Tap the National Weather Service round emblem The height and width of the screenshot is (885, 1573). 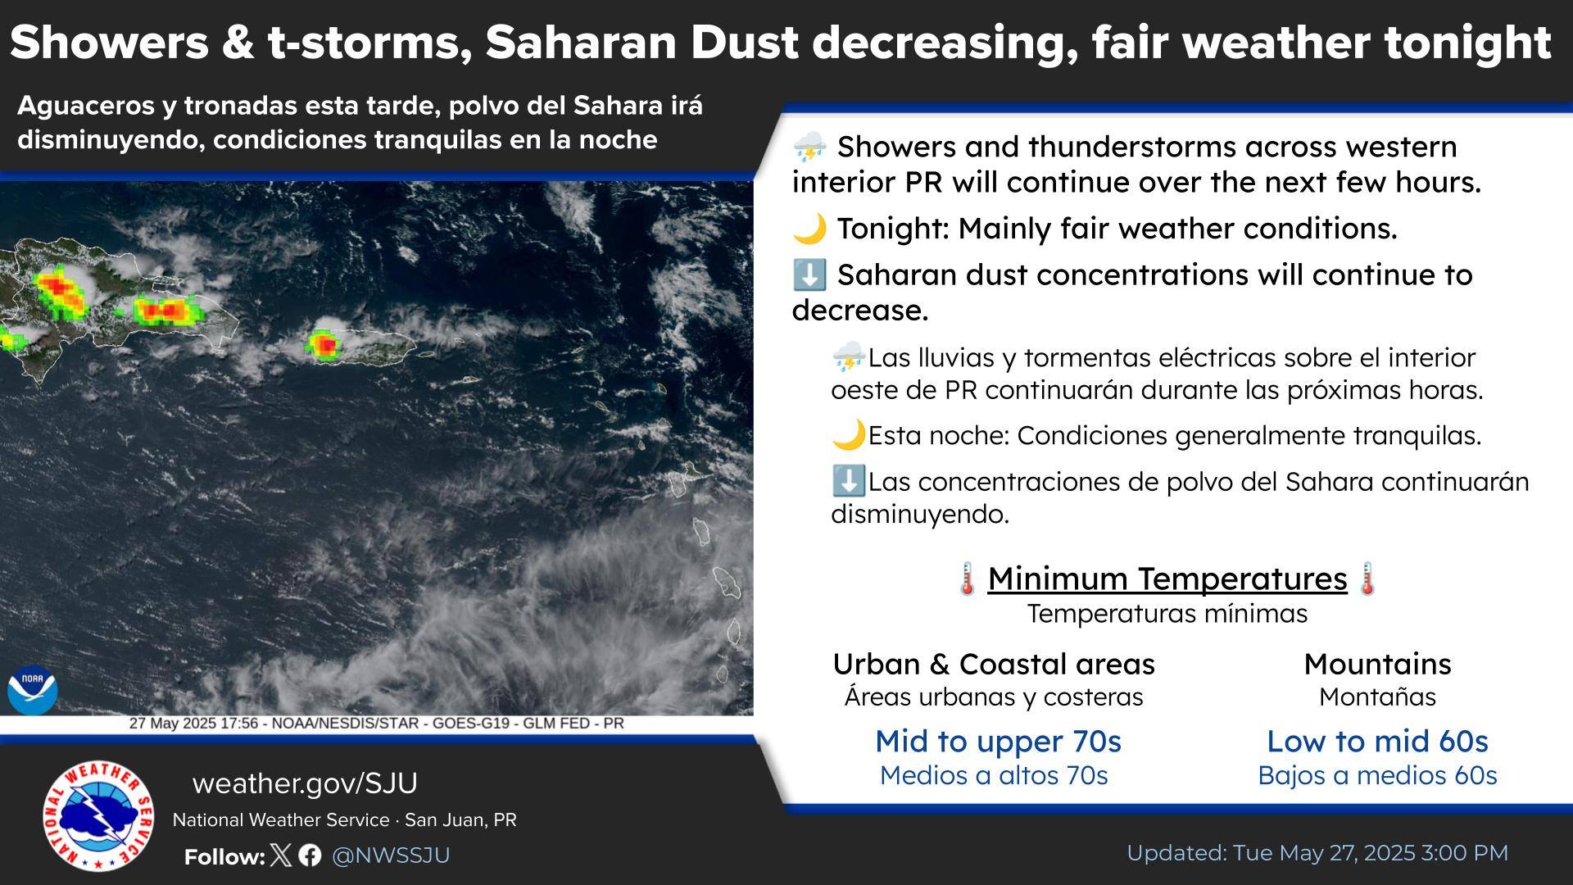click(98, 815)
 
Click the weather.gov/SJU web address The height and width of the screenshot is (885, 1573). click(305, 783)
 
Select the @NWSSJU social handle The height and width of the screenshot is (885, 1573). click(391, 855)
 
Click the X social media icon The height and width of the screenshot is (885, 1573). click(280, 855)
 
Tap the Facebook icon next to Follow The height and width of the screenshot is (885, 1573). click(310, 855)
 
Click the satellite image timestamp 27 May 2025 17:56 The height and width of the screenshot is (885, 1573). click(193, 724)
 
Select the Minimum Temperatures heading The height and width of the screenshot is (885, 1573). click(1167, 579)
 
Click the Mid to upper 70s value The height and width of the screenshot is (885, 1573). click(998, 741)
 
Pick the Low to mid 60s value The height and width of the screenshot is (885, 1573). click(1377, 741)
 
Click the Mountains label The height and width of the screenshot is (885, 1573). click(1377, 664)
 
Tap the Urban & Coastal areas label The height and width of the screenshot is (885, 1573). click(994, 664)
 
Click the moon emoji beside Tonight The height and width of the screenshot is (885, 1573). click(809, 229)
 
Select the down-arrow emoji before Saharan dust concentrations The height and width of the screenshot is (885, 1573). click(809, 275)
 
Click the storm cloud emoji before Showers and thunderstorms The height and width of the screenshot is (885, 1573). click(809, 147)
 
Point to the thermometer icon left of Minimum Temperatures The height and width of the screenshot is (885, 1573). click(968, 579)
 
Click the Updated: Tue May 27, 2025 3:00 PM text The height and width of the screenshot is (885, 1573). click(1317, 853)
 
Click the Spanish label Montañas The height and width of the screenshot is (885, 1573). click(1377, 697)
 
